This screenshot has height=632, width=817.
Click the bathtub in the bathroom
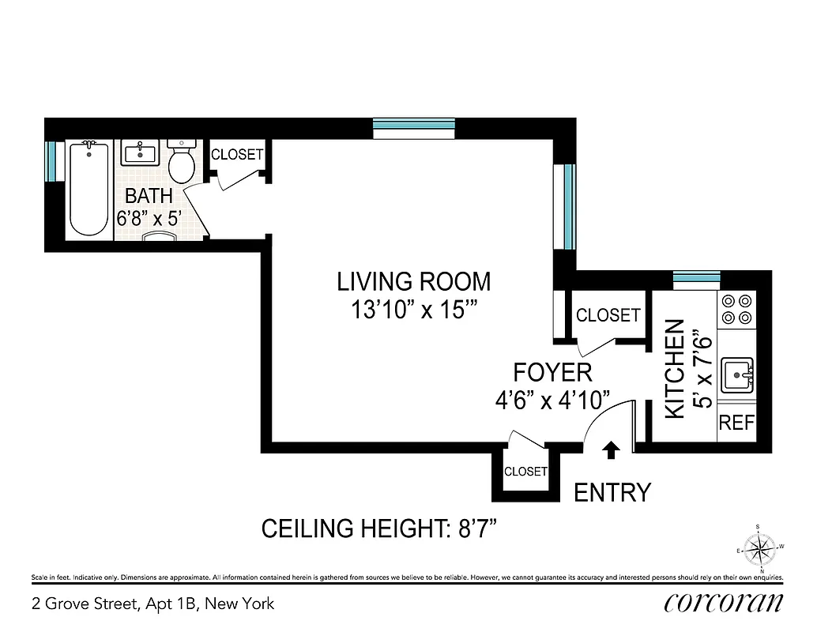pos(88,189)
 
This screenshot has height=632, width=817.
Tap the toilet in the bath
pos(183,161)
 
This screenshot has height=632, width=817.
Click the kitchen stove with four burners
pos(736,310)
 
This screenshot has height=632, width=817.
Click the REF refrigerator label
pos(736,423)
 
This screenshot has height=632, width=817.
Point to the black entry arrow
pos(611,450)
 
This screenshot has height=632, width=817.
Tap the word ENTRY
pos(612,492)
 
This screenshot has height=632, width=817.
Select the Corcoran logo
pos(724,603)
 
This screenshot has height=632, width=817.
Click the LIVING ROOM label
pos(413,281)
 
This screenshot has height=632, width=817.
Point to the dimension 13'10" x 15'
pos(413,310)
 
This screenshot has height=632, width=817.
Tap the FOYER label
pos(552,372)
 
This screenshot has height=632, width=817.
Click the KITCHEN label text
pos(674,368)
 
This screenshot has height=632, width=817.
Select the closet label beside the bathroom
pos(237,155)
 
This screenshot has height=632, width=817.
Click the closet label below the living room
pos(525,472)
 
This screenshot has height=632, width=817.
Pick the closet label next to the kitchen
pos(608,315)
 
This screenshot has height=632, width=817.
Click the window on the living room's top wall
pos(414,124)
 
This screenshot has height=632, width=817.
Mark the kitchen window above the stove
pos(697,276)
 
